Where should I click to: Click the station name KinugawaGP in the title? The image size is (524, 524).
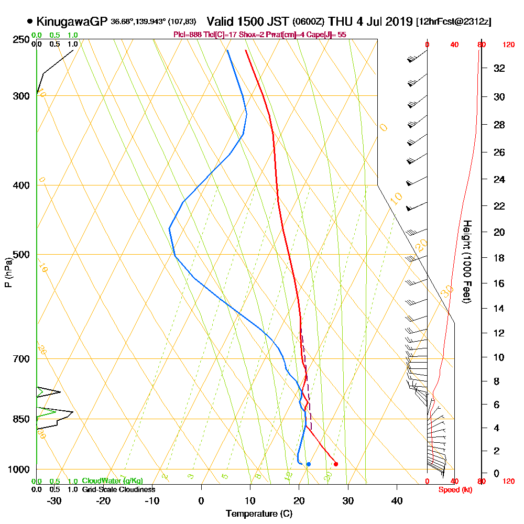point(72,22)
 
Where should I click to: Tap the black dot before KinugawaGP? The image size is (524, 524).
point(30,21)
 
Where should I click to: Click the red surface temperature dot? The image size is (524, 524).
point(336,464)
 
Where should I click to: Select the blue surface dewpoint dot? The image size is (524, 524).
point(309,464)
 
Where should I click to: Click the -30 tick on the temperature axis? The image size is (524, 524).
point(54,500)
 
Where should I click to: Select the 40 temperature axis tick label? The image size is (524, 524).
point(397,500)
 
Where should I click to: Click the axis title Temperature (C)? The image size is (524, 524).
point(259,514)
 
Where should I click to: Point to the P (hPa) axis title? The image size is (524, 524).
point(8,272)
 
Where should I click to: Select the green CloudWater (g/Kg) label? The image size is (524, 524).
point(112,481)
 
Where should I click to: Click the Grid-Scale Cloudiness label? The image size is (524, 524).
point(118,489)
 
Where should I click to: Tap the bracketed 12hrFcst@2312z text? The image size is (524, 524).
point(453,22)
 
